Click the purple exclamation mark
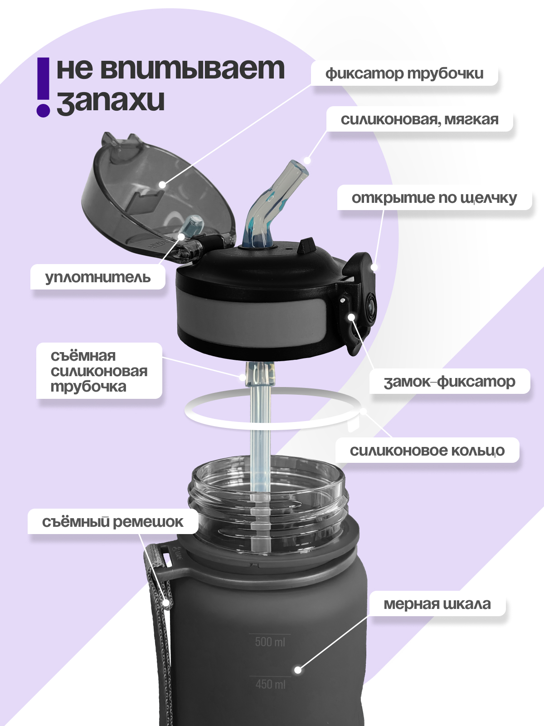coord(44,87)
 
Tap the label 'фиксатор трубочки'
coord(404,74)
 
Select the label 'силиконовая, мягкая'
coord(419,119)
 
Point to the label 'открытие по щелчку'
coord(434,198)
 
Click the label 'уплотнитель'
coord(98,277)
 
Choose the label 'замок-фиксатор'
coord(449,382)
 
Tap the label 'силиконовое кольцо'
coord(427,451)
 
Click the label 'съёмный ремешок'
coord(112,522)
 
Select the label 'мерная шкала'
coord(437,604)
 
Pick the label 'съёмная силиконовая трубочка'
coord(99,371)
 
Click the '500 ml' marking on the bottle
coord(270,642)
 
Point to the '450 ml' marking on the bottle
coord(270,684)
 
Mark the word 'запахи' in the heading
coord(111,101)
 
